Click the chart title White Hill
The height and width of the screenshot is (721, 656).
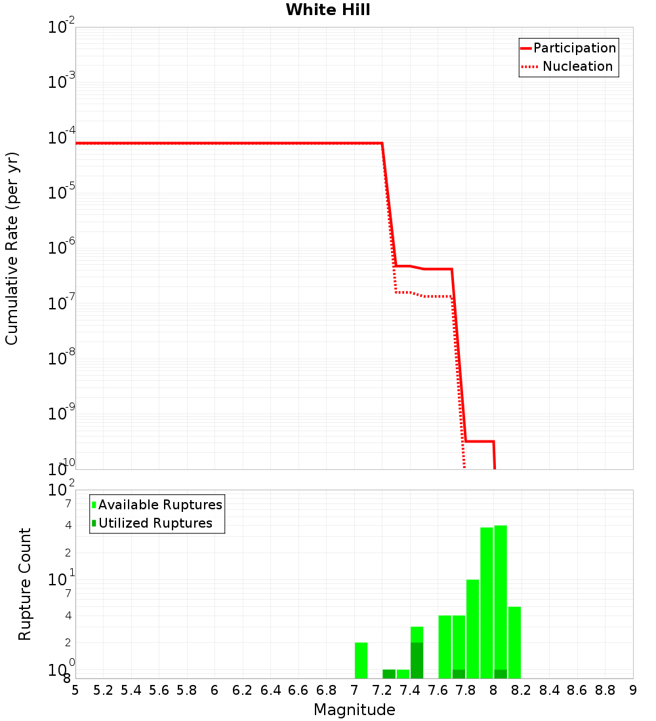pyautogui.click(x=328, y=10)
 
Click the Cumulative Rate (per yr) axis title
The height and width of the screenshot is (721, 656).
pyautogui.click(x=12, y=248)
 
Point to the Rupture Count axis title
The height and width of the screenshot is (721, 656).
pyautogui.click(x=25, y=584)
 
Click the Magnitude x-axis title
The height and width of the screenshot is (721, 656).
pyautogui.click(x=354, y=710)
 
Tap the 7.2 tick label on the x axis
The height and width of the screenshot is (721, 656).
pyautogui.click(x=382, y=690)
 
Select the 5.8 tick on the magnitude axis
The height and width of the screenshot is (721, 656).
pyautogui.click(x=187, y=690)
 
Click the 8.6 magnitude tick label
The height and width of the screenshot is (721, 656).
pyautogui.click(x=577, y=690)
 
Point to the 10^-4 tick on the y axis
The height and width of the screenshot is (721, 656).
pyautogui.click(x=61, y=138)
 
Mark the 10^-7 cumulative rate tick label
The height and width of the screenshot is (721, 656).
pyautogui.click(x=61, y=303)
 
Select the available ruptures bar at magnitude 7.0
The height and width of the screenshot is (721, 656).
pyautogui.click(x=361, y=661)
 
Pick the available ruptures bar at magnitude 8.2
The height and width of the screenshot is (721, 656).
pyautogui.click(x=514, y=642)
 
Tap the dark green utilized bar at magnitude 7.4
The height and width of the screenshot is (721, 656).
pyautogui.click(x=417, y=661)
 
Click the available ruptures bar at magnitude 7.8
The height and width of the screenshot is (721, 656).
pyautogui.click(x=472, y=629)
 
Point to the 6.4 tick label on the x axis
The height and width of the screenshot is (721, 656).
pyautogui.click(x=270, y=690)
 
